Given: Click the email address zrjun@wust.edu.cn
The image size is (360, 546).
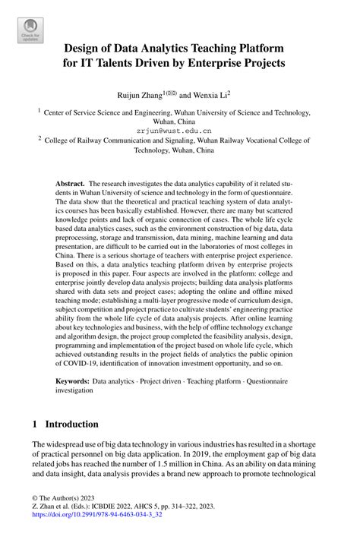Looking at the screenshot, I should point(179,131).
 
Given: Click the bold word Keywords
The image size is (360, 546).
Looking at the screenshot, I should point(72,377).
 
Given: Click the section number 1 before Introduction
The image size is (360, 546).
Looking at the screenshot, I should point(36,424).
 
